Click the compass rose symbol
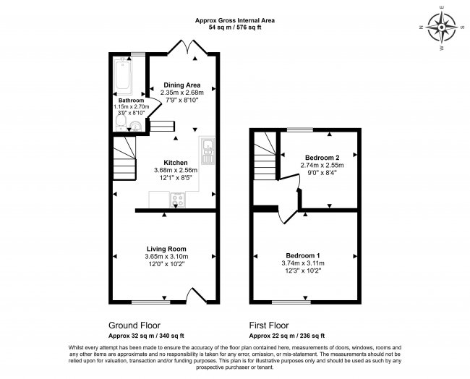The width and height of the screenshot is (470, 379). [442, 27]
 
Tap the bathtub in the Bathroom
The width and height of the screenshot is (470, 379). [123, 76]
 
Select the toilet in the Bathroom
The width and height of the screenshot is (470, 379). [121, 123]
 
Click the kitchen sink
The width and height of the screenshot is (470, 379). [208, 151]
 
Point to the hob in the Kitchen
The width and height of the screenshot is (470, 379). [177, 200]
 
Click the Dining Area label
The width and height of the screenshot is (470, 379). [182, 85]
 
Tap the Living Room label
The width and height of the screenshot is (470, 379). [166, 249]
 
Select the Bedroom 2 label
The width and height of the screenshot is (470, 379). [322, 158]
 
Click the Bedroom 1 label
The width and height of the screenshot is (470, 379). [303, 256]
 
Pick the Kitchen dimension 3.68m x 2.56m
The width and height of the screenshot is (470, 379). [176, 170]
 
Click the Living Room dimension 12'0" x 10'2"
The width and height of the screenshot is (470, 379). [166, 264]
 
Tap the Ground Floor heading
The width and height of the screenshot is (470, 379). [134, 325]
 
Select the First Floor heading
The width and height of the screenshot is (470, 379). [269, 325]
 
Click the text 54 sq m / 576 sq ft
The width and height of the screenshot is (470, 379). [235, 27]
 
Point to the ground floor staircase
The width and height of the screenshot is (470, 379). [124, 158]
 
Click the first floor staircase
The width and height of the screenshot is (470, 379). [265, 156]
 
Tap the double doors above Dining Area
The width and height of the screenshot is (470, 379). [187, 47]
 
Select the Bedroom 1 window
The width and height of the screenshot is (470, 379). [291, 302]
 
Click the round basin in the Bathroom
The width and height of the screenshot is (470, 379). [136, 126]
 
